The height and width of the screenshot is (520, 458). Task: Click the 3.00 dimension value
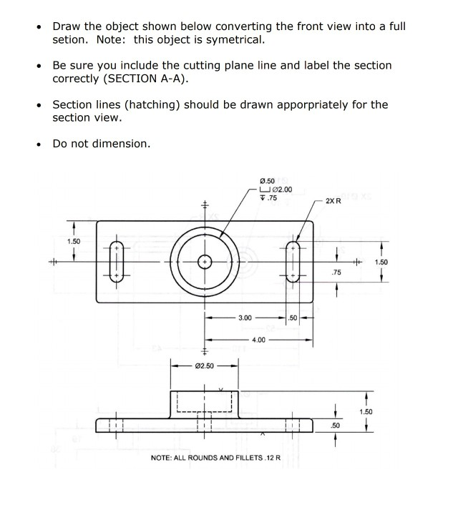click(x=245, y=317)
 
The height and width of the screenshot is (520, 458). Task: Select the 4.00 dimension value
click(x=259, y=340)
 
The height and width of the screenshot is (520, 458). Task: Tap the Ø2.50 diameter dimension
click(x=204, y=366)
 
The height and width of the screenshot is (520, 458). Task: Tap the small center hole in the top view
click(x=205, y=262)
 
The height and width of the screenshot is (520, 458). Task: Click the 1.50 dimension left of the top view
click(x=74, y=241)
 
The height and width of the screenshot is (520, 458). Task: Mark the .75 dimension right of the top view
click(x=336, y=273)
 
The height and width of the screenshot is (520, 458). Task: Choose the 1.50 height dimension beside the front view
click(x=366, y=412)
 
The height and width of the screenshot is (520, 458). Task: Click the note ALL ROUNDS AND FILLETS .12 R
click(x=215, y=458)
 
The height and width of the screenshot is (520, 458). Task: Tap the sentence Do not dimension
click(x=102, y=144)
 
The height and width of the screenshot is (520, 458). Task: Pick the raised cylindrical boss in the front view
click(x=204, y=402)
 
